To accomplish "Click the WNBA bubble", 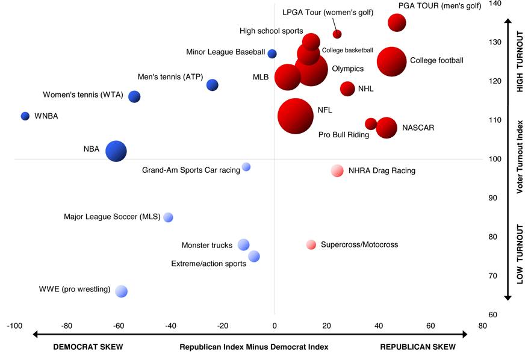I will [25, 116].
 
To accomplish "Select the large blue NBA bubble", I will [116, 151].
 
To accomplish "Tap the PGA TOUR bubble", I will [397, 23].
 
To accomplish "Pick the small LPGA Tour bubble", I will [337, 34].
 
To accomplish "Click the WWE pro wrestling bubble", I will [122, 291].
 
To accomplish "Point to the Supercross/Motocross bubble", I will [311, 245].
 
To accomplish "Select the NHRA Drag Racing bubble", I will [337, 170].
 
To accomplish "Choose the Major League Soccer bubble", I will [169, 217].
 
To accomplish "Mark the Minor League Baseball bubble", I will [272, 54].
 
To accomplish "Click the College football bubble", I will [392, 61].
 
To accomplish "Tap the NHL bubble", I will [347, 88].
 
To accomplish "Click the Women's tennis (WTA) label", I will [83, 95].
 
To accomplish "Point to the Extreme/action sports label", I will [208, 264].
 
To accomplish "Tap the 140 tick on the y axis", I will [495, 4].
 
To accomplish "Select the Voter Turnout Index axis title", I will [520, 157].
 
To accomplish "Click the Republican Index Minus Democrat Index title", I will [254, 347].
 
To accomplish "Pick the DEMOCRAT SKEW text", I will [88, 347].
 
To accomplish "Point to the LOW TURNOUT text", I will [520, 255].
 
